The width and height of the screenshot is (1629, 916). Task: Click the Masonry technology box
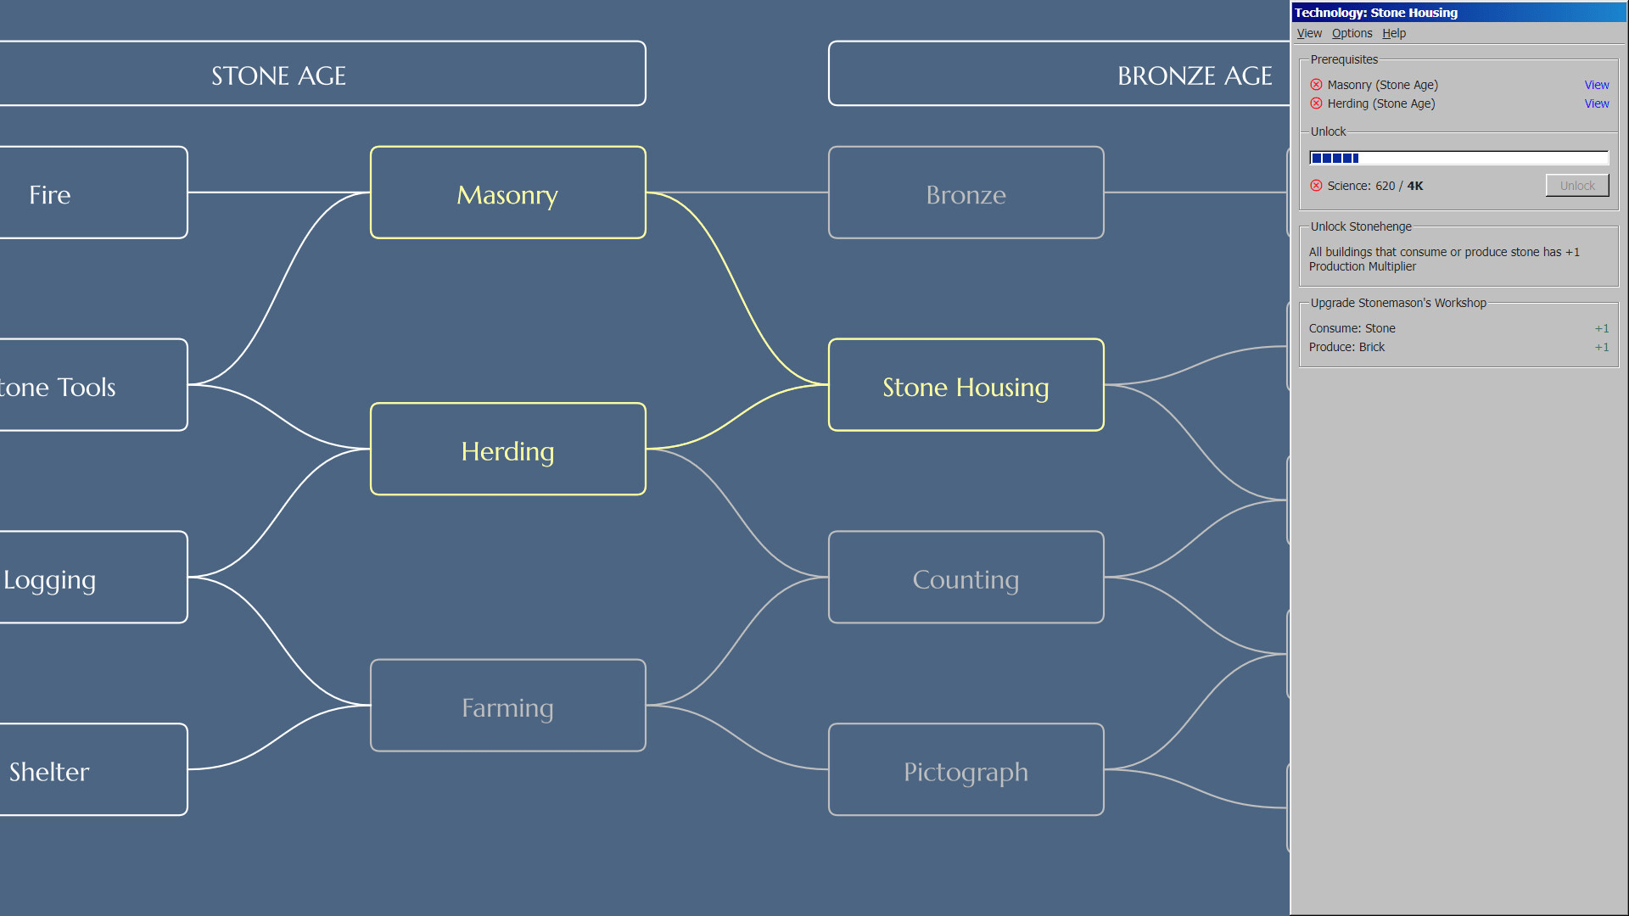(507, 193)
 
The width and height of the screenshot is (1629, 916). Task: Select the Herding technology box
(507, 450)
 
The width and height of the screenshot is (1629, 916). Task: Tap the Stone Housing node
(966, 386)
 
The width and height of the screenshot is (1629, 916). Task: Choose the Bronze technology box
(966, 193)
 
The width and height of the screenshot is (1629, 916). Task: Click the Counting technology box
(966, 578)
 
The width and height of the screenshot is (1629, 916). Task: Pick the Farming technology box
(507, 706)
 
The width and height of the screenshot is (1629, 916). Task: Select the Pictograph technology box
(966, 770)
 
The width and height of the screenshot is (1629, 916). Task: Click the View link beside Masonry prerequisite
(1596, 85)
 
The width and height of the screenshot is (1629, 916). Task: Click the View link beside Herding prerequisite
(1596, 103)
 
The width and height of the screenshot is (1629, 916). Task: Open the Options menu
(1352, 33)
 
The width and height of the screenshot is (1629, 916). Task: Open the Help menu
(1393, 33)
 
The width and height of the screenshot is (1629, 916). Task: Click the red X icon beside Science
(1316, 186)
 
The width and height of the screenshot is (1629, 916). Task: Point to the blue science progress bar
(1458, 158)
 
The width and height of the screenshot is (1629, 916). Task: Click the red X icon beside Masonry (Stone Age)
(1316, 85)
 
